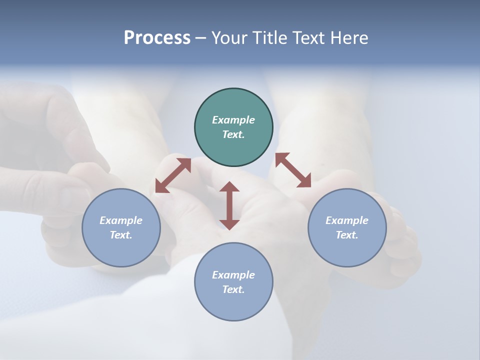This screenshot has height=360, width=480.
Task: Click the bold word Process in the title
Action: click(x=157, y=38)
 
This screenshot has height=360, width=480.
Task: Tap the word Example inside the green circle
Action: click(x=233, y=120)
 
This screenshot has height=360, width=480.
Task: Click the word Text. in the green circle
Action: click(x=233, y=134)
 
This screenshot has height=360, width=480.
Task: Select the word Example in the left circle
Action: click(x=121, y=220)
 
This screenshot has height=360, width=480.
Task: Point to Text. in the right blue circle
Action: click(x=347, y=235)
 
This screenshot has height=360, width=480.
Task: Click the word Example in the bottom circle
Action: click(x=233, y=275)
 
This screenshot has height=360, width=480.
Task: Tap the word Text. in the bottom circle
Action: click(x=233, y=289)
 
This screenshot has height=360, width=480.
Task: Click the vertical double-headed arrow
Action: click(x=229, y=205)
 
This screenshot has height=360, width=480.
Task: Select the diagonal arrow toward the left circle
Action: click(x=173, y=175)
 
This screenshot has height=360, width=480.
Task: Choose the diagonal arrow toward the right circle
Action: click(x=293, y=170)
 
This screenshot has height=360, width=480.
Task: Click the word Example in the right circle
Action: click(x=347, y=220)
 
